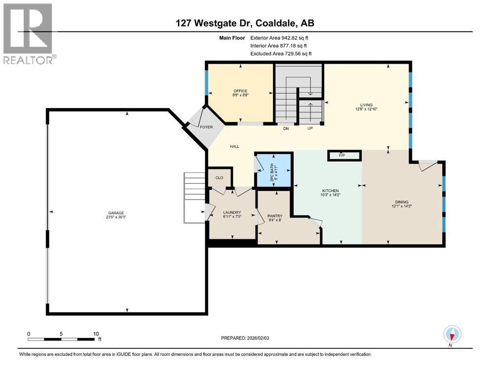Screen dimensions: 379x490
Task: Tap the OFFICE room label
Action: click(240, 91)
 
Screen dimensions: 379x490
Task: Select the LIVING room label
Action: click(366, 104)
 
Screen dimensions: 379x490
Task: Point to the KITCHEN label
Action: click(330, 190)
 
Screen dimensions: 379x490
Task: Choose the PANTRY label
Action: click(274, 216)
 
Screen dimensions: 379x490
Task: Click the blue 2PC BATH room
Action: click(273, 170)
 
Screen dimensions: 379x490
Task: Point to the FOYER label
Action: click(206, 127)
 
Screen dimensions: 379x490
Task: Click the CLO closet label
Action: click(219, 178)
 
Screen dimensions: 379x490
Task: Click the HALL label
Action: click(234, 146)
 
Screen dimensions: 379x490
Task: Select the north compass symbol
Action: click(452, 335)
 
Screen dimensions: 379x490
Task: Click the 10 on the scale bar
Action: click(96, 334)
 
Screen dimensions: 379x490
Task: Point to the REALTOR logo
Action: click(29, 33)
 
